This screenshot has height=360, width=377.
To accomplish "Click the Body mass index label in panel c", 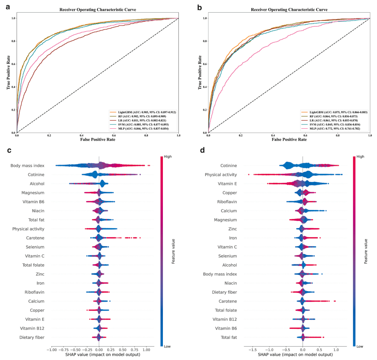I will pyautogui.click(x=27, y=166).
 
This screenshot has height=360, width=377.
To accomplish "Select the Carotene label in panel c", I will pyautogui.click(x=35, y=238).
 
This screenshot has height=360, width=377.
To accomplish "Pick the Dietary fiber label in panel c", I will pyautogui.click(x=32, y=337).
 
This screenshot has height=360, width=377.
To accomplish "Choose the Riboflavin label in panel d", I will pyautogui.click(x=226, y=202).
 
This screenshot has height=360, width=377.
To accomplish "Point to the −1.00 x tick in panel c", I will pyautogui.click(x=51, y=349).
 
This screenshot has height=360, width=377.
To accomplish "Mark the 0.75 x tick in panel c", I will pyautogui.click(x=134, y=349).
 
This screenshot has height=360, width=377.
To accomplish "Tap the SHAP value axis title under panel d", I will pyautogui.click(x=302, y=355).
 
